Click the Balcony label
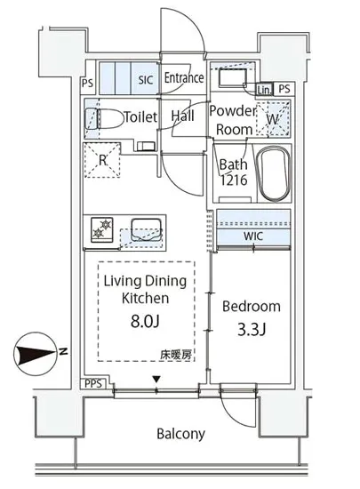point(180,435)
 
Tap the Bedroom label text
point(251,307)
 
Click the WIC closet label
point(253,236)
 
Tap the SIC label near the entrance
point(145,78)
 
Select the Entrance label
point(184,78)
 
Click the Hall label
point(183,116)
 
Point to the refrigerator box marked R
point(102,161)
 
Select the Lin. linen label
point(263,89)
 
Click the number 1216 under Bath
point(232,180)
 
